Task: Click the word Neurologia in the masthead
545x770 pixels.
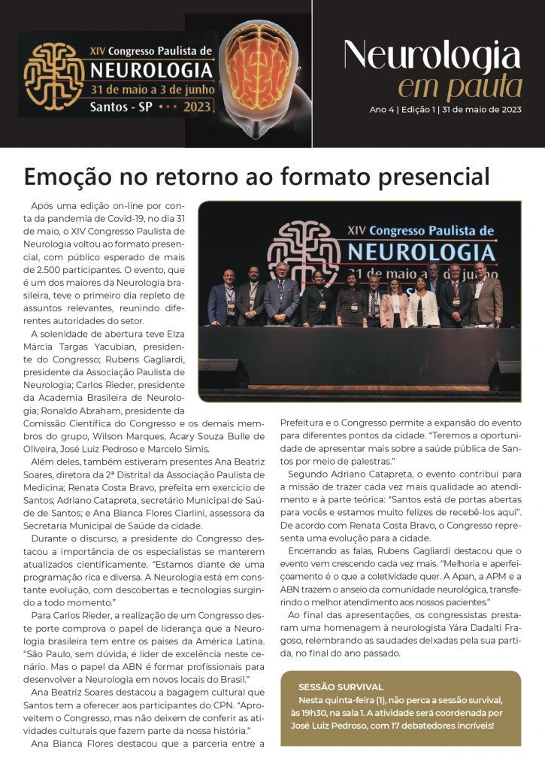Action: point(431,57)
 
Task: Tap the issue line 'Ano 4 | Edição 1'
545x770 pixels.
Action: point(401,110)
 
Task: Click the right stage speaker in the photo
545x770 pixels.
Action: point(504,374)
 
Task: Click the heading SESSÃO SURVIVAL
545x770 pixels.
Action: point(341,687)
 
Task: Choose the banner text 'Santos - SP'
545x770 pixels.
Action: point(121,106)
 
